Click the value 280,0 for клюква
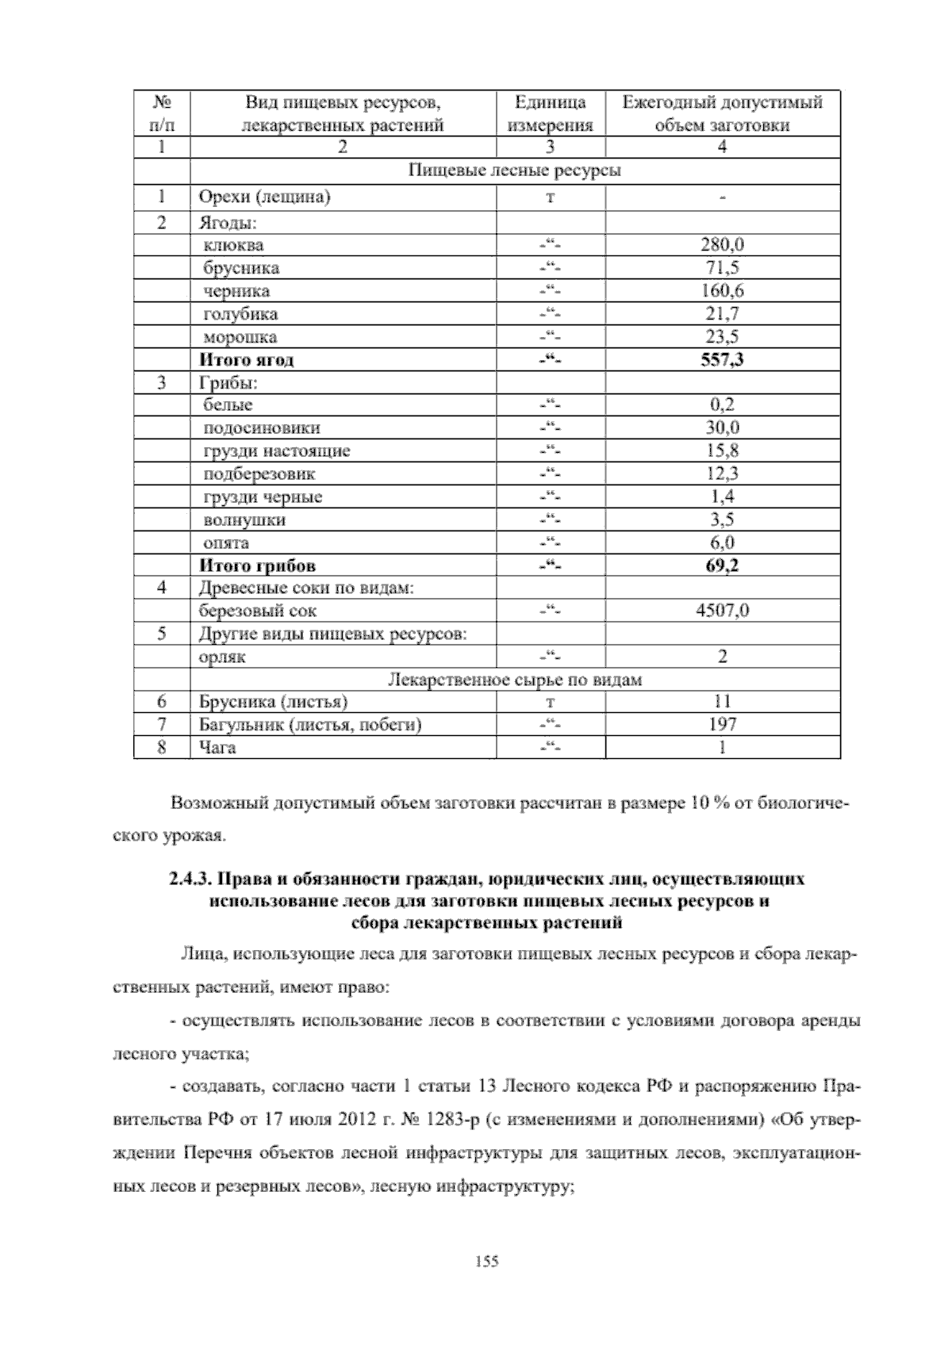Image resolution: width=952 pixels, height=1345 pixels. pyautogui.click(x=722, y=245)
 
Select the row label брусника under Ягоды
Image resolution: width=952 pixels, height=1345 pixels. pyautogui.click(x=241, y=268)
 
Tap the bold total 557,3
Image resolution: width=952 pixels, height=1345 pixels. pyautogui.click(x=722, y=360)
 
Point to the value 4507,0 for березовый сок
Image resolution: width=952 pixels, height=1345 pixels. pyautogui.click(x=722, y=611)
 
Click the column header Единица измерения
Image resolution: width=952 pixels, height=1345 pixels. pyautogui.click(x=551, y=113)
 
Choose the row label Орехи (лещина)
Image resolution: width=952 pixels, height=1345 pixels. pyautogui.click(x=264, y=197)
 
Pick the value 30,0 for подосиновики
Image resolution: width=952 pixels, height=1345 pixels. pyautogui.click(x=722, y=428)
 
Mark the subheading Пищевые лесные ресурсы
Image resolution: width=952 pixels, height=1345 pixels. pyautogui.click(x=514, y=171)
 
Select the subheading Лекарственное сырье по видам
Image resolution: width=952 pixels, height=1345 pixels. pyautogui.click(x=514, y=680)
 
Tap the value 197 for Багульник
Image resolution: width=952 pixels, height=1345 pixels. pyautogui.click(x=722, y=724)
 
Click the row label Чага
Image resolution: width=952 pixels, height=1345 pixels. pyautogui.click(x=217, y=748)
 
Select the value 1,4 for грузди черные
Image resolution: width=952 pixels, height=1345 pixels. pyautogui.click(x=722, y=497)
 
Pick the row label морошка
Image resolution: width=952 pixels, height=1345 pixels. pyautogui.click(x=240, y=337)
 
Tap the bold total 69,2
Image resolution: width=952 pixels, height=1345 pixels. pyautogui.click(x=722, y=566)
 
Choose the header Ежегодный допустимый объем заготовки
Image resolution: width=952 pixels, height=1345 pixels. pyautogui.click(x=722, y=113)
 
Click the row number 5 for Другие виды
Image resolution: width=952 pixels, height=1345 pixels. pyautogui.click(x=162, y=634)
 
